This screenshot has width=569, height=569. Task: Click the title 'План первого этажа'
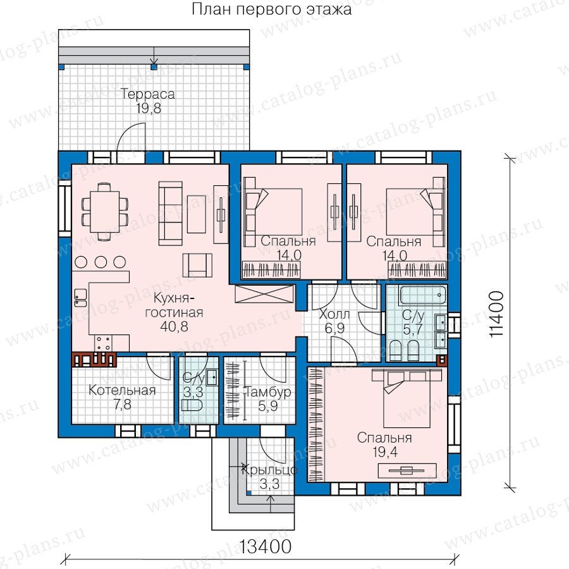click(271, 9)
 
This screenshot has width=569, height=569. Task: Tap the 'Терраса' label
click(148, 94)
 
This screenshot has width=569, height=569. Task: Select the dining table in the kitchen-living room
click(105, 211)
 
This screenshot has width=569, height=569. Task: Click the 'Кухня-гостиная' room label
click(174, 305)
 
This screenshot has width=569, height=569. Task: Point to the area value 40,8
click(174, 327)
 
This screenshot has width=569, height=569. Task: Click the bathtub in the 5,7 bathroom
click(422, 295)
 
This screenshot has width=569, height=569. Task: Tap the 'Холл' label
click(334, 314)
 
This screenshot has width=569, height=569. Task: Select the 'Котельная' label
click(122, 390)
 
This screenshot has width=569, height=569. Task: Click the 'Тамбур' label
click(269, 392)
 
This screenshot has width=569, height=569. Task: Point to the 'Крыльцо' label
click(269, 470)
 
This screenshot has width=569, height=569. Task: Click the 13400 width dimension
click(266, 546)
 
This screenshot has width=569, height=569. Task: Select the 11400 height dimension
click(496, 314)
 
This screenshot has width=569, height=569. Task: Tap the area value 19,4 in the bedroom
click(384, 452)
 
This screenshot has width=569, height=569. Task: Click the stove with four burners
click(103, 343)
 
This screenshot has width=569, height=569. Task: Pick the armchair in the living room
click(197, 266)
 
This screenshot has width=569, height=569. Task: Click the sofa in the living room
click(170, 214)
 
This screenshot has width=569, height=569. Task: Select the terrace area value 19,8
click(149, 108)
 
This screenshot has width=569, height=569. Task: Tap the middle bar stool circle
click(101, 262)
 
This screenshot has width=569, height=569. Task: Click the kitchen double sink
click(80, 298)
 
